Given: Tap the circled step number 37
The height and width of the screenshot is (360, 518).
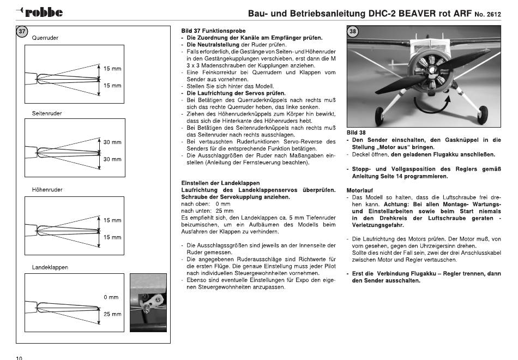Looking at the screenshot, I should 22,32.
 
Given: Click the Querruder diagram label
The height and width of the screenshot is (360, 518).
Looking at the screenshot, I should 45,38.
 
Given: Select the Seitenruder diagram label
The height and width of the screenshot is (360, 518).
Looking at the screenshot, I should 47,113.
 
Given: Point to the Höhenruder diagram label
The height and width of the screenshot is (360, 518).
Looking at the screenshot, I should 47,190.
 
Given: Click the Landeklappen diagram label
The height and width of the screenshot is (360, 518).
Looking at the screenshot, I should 50,267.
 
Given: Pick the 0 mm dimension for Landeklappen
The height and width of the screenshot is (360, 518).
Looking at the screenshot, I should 111,297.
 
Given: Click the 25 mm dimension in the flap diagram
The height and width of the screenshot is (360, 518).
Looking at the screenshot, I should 112,314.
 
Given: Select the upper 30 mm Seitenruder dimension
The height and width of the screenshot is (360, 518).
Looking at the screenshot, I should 112,142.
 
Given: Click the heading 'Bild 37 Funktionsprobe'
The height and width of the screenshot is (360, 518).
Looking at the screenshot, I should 213,31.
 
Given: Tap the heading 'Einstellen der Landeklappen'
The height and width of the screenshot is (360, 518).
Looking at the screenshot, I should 220,183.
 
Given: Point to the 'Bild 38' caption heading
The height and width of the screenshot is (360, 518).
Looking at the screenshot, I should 356,133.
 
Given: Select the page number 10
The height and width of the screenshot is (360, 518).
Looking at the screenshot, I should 19,358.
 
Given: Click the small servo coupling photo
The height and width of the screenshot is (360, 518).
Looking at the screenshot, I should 148,303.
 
